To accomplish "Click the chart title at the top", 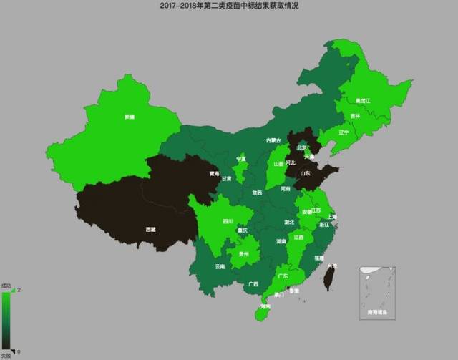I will [229, 5].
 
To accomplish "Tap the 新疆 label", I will [129, 116].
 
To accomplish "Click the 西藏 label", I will [150, 229].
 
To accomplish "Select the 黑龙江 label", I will [364, 101].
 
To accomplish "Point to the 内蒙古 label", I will [273, 140].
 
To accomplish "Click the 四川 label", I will [227, 221].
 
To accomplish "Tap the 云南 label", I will [220, 266].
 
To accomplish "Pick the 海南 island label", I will [265, 306].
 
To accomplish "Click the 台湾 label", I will [331, 266].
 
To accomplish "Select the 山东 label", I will [305, 172].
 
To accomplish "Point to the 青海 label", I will [214, 173].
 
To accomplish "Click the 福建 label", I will [319, 256].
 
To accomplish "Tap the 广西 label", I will [253, 283].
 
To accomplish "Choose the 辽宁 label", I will [343, 132].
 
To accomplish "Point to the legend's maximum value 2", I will [18, 290].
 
